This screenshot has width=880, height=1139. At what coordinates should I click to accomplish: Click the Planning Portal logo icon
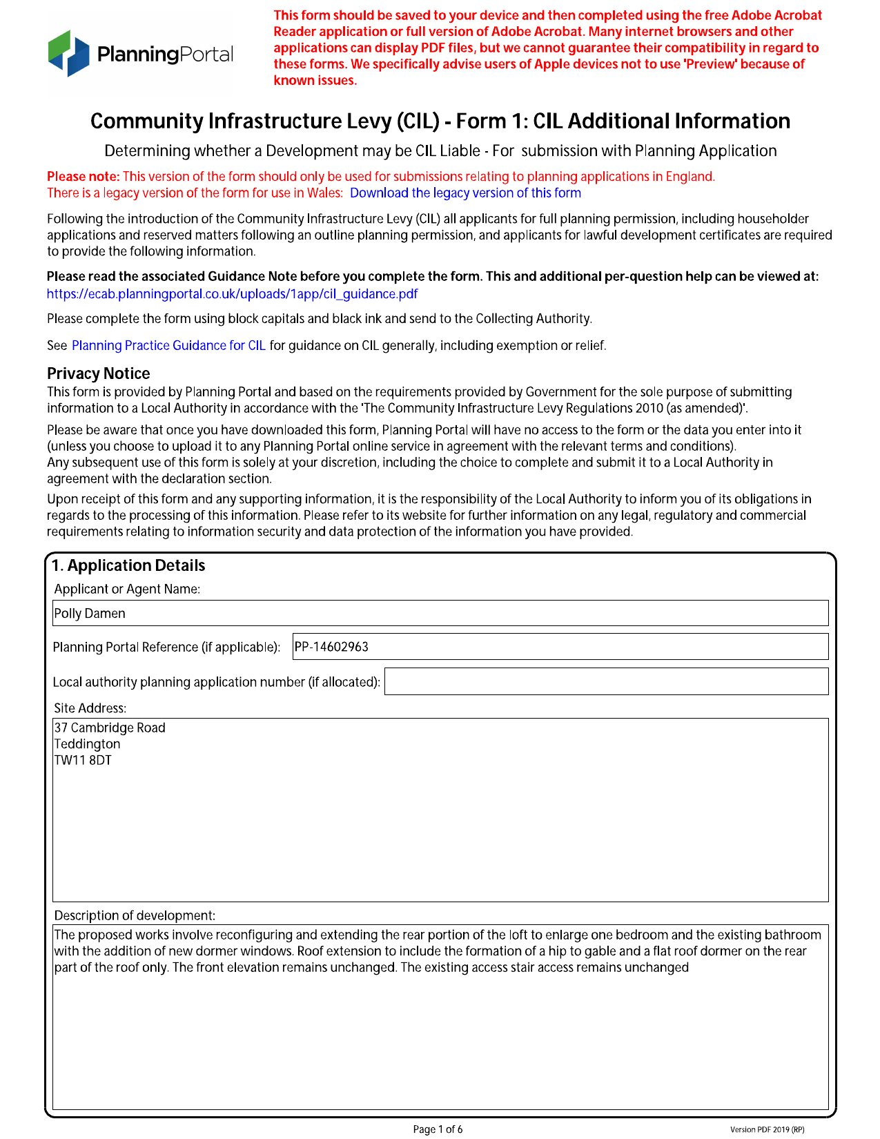click(x=69, y=53)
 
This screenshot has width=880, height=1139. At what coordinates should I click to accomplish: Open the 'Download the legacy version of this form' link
click(x=465, y=193)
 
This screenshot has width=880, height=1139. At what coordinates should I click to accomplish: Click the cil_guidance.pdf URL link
click(x=232, y=294)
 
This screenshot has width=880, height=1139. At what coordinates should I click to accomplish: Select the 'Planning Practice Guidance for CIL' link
click(x=168, y=346)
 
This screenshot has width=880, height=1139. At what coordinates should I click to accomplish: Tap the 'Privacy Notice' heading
click(x=98, y=373)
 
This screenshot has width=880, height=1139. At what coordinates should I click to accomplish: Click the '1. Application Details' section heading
click(x=128, y=566)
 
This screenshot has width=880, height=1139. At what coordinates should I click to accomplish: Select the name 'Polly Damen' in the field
click(x=90, y=614)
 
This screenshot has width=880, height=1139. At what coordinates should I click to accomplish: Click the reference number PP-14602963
click(x=331, y=647)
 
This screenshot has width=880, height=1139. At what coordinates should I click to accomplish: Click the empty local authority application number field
click(x=606, y=681)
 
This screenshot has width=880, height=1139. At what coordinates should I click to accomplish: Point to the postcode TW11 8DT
click(x=83, y=761)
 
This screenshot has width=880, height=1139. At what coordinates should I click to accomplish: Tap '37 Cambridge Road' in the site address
click(x=110, y=728)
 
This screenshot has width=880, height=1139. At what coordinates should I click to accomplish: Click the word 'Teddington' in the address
click(x=88, y=744)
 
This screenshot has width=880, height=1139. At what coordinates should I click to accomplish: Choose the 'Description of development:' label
click(x=135, y=916)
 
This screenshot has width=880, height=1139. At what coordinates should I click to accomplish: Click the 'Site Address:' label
click(x=90, y=708)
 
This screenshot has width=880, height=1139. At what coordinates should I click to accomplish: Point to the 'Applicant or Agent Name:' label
click(x=127, y=590)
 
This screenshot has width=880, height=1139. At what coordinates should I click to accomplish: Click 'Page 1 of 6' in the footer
click(x=438, y=1129)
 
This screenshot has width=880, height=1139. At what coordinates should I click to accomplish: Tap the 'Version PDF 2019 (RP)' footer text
click(x=767, y=1130)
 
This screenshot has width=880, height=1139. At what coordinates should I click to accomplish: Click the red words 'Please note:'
click(x=83, y=177)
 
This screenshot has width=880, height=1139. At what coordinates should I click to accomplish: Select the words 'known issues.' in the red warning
click(x=315, y=81)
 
